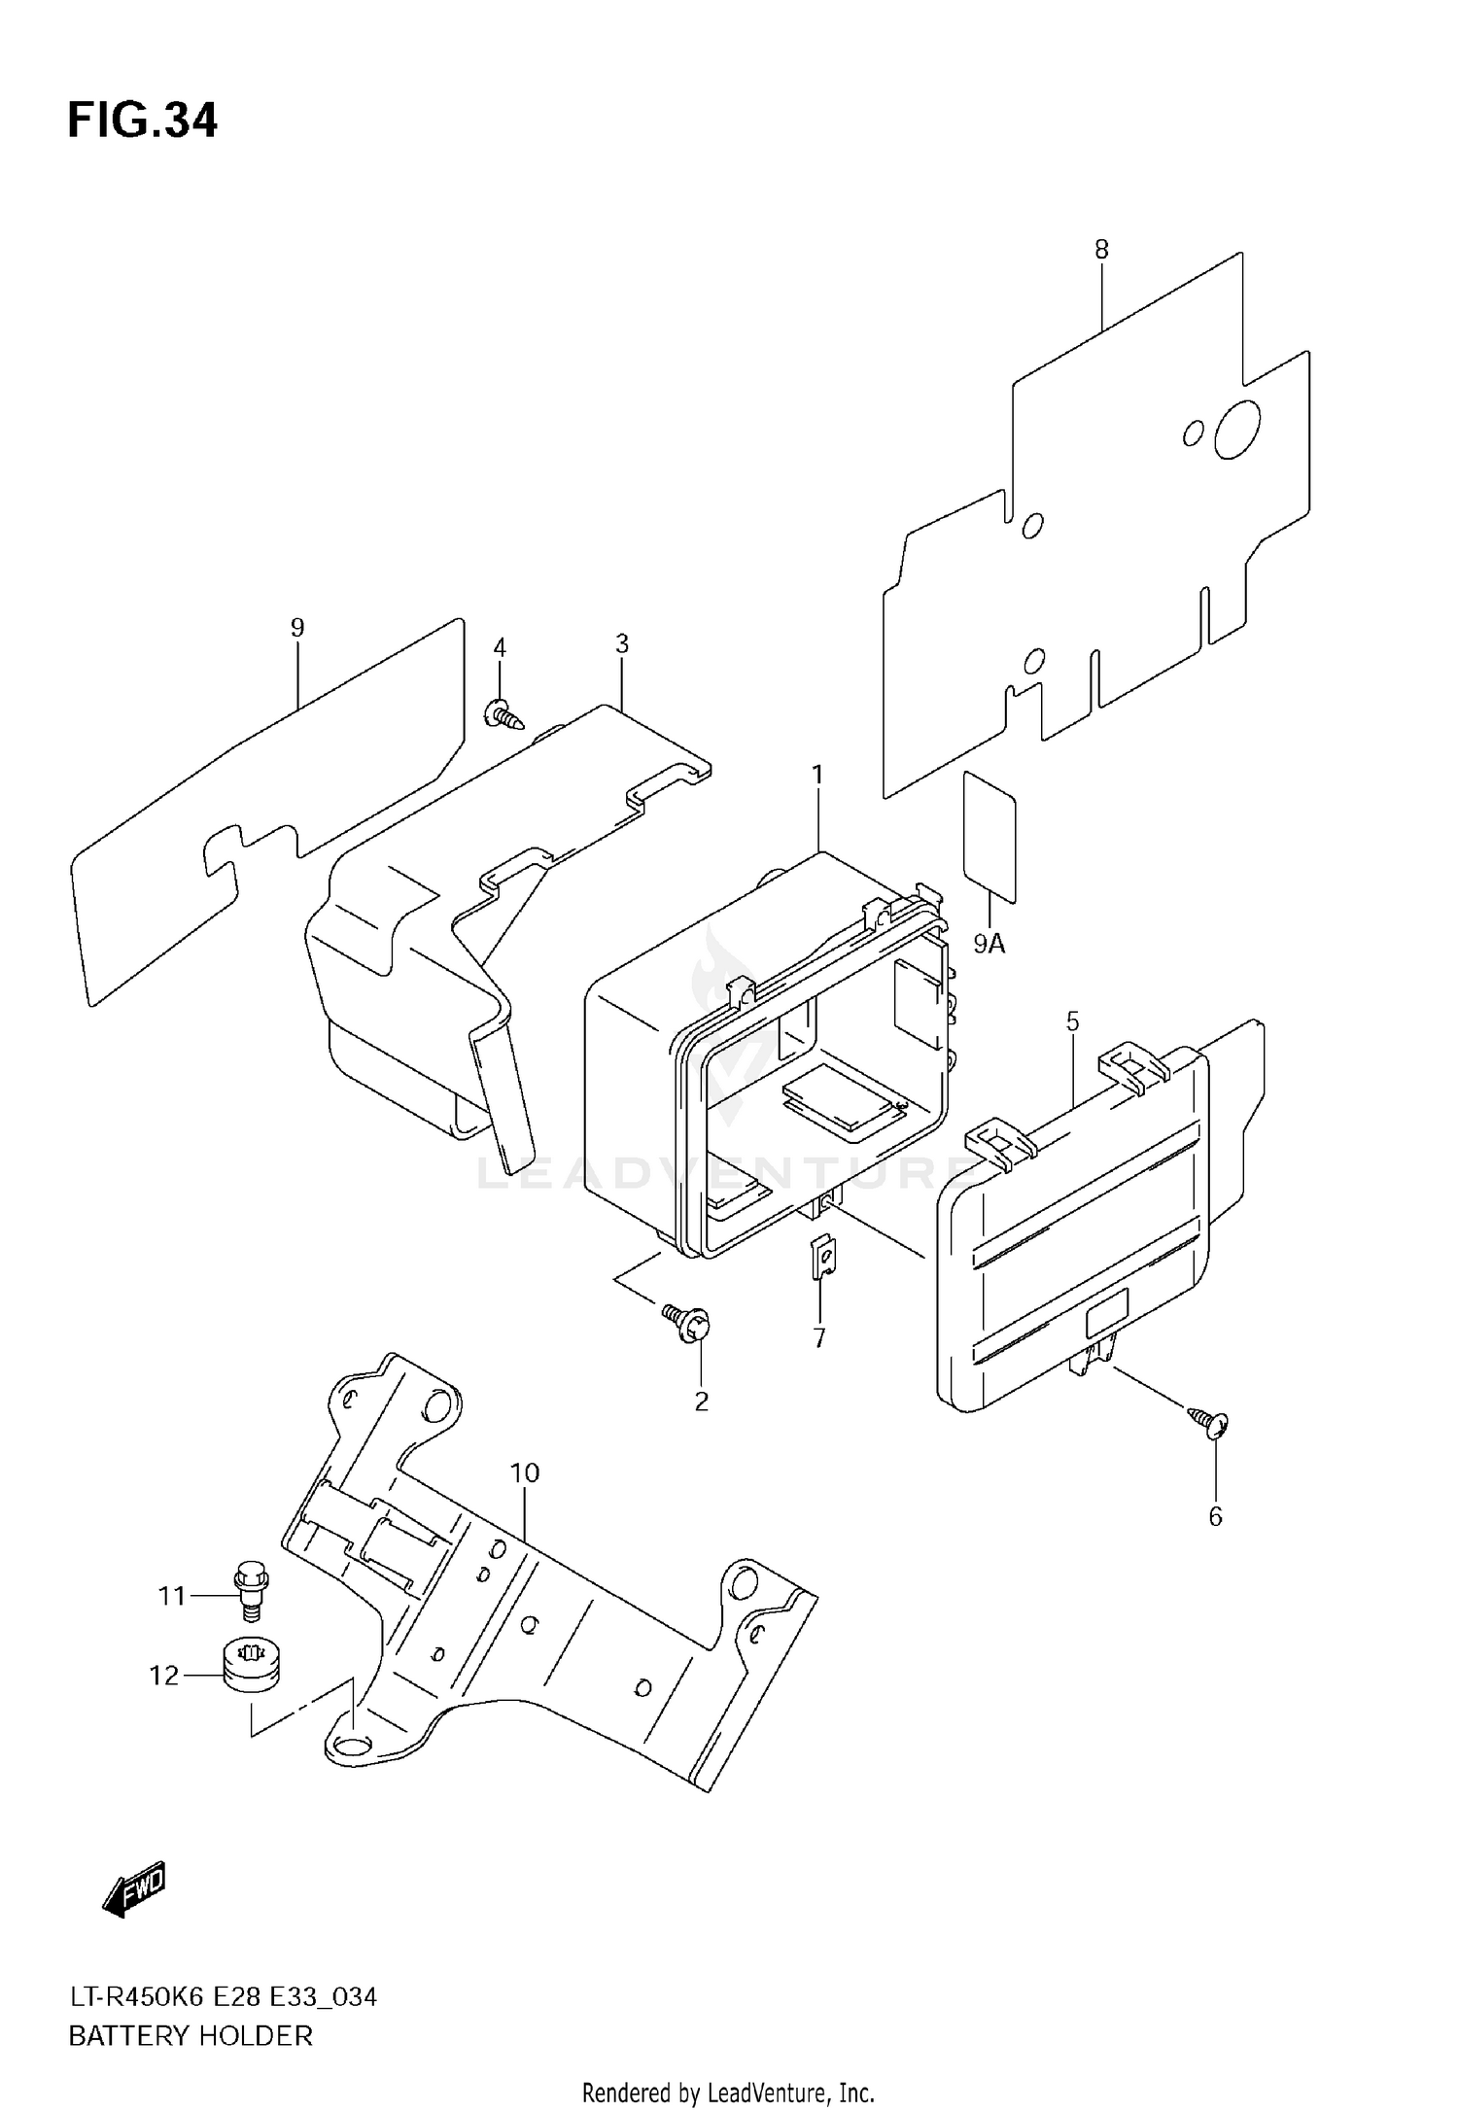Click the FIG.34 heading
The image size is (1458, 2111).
point(142,121)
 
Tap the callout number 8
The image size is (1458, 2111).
point(1101,250)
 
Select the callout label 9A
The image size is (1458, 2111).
point(989,943)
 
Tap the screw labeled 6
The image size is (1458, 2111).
point(1211,1424)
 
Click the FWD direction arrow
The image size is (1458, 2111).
point(134,1888)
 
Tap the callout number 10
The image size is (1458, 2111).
point(524,1473)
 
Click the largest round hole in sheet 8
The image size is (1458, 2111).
point(1237,429)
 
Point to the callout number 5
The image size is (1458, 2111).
point(1072,1021)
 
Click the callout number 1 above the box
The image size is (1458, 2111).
point(817,775)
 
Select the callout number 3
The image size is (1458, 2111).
point(622,643)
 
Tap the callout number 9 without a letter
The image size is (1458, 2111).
point(297,628)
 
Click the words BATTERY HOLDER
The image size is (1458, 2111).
point(191,2035)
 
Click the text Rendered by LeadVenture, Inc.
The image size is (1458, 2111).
point(728,2092)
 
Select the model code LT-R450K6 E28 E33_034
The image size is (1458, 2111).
point(223,1996)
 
